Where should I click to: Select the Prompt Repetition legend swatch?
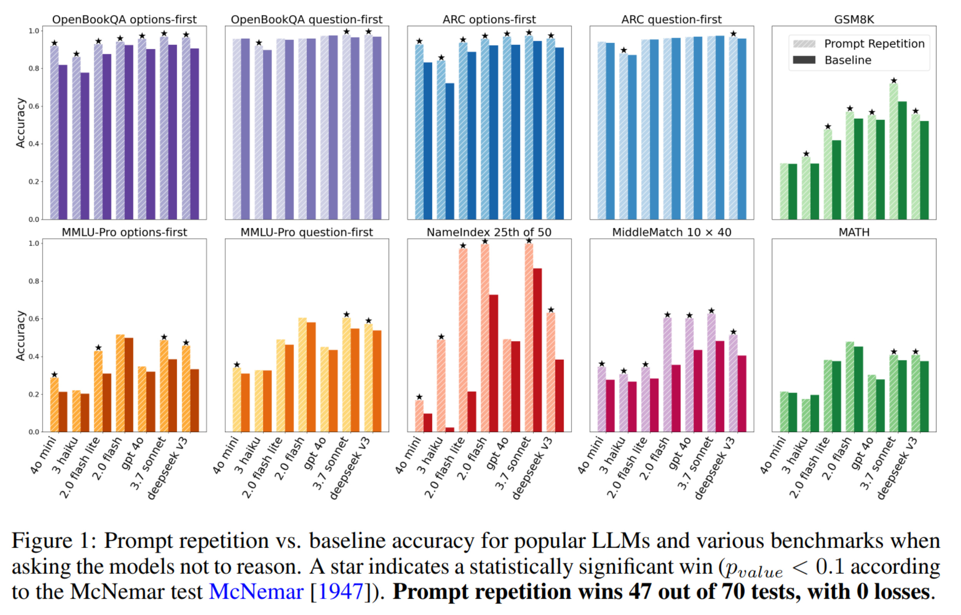(804, 44)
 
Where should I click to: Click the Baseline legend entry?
(848, 60)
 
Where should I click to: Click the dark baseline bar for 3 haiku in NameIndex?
(450, 430)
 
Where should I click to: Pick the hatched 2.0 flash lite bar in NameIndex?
(463, 339)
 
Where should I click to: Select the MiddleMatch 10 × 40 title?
(672, 233)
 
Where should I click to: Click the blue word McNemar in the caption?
(256, 592)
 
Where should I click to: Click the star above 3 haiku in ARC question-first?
(623, 50)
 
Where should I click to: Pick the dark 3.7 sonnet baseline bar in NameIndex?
(537, 349)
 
